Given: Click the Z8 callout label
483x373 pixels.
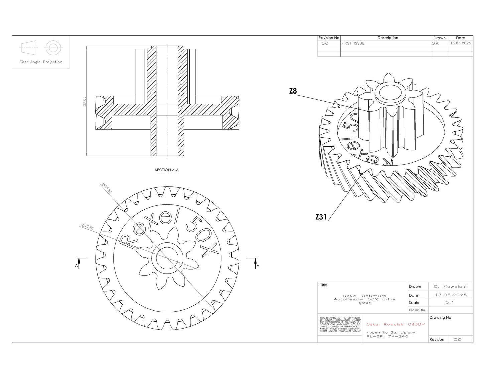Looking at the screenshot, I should [x=293, y=91].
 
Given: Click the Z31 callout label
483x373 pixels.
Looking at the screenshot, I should [x=321, y=217].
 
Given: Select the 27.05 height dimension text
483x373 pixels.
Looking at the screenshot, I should [x=85, y=101].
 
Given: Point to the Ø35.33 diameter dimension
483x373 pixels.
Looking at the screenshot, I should [x=107, y=188].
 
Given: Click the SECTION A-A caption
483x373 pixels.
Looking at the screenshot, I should [x=167, y=170].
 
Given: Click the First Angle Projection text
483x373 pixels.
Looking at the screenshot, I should [x=41, y=62].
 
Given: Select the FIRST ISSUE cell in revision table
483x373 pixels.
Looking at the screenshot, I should [x=353, y=43].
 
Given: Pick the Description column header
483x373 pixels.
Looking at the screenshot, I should [x=388, y=38].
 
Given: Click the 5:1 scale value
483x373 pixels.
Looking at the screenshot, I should [x=450, y=302].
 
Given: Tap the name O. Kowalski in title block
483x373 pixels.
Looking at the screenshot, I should [x=450, y=287].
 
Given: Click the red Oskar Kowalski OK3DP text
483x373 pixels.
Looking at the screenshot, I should [x=395, y=324].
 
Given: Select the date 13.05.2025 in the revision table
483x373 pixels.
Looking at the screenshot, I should [x=460, y=43].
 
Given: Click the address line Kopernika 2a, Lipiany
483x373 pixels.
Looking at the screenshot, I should [x=391, y=332].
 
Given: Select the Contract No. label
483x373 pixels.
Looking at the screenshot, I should [x=417, y=310].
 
